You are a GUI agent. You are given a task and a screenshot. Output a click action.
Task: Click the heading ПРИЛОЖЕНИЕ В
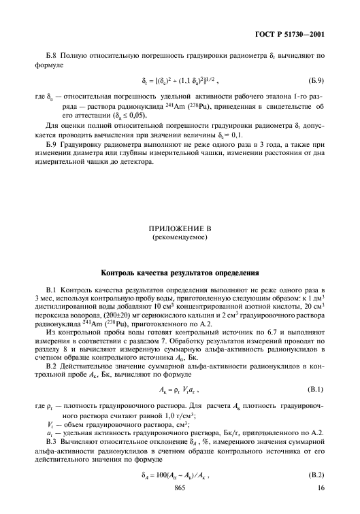[180, 230]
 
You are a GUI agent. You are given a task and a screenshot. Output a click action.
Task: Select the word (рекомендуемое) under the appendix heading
[180, 239]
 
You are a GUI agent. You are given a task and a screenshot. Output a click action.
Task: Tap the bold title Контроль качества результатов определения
[180, 274]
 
